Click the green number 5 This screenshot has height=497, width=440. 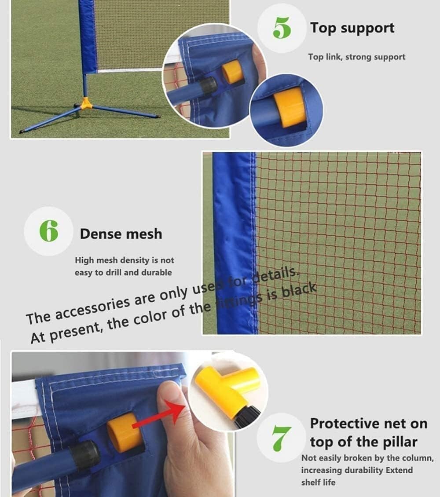[x=282, y=28]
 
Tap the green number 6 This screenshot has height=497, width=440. [x=48, y=231]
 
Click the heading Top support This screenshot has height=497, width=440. [x=352, y=28]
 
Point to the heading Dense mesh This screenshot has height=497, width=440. [x=121, y=234]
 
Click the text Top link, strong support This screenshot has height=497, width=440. [x=356, y=57]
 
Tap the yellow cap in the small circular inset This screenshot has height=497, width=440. [x=290, y=107]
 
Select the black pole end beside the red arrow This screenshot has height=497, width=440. [x=86, y=453]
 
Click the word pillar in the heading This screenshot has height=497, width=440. [x=396, y=442]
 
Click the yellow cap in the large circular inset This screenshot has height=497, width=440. [x=232, y=72]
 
